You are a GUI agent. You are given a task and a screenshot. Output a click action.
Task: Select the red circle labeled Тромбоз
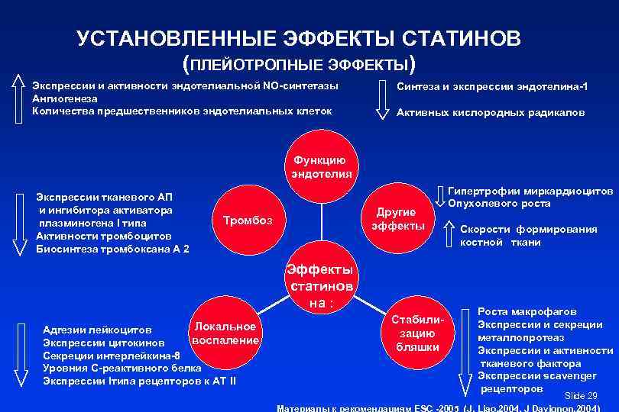coord(247,221)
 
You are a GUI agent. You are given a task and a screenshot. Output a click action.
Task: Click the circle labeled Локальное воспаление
coord(225,333)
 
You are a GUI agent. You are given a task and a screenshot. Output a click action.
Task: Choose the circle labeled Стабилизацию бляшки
coord(417,333)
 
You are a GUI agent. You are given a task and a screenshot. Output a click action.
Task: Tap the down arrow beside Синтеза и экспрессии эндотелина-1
coord(383,99)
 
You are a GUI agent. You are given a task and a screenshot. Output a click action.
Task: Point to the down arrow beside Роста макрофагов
coord(464,350)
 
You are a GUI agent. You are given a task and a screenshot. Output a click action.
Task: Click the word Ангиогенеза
coord(64,98)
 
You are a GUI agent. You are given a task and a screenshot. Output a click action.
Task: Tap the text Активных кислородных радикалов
coord(491,112)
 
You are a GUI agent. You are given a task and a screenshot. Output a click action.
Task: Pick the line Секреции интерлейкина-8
coord(112,356)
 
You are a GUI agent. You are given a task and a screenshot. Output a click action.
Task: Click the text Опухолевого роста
coord(498,204)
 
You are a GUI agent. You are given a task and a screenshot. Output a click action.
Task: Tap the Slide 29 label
coord(580,395)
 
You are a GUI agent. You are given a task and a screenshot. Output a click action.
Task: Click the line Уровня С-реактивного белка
coord(122,368)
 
